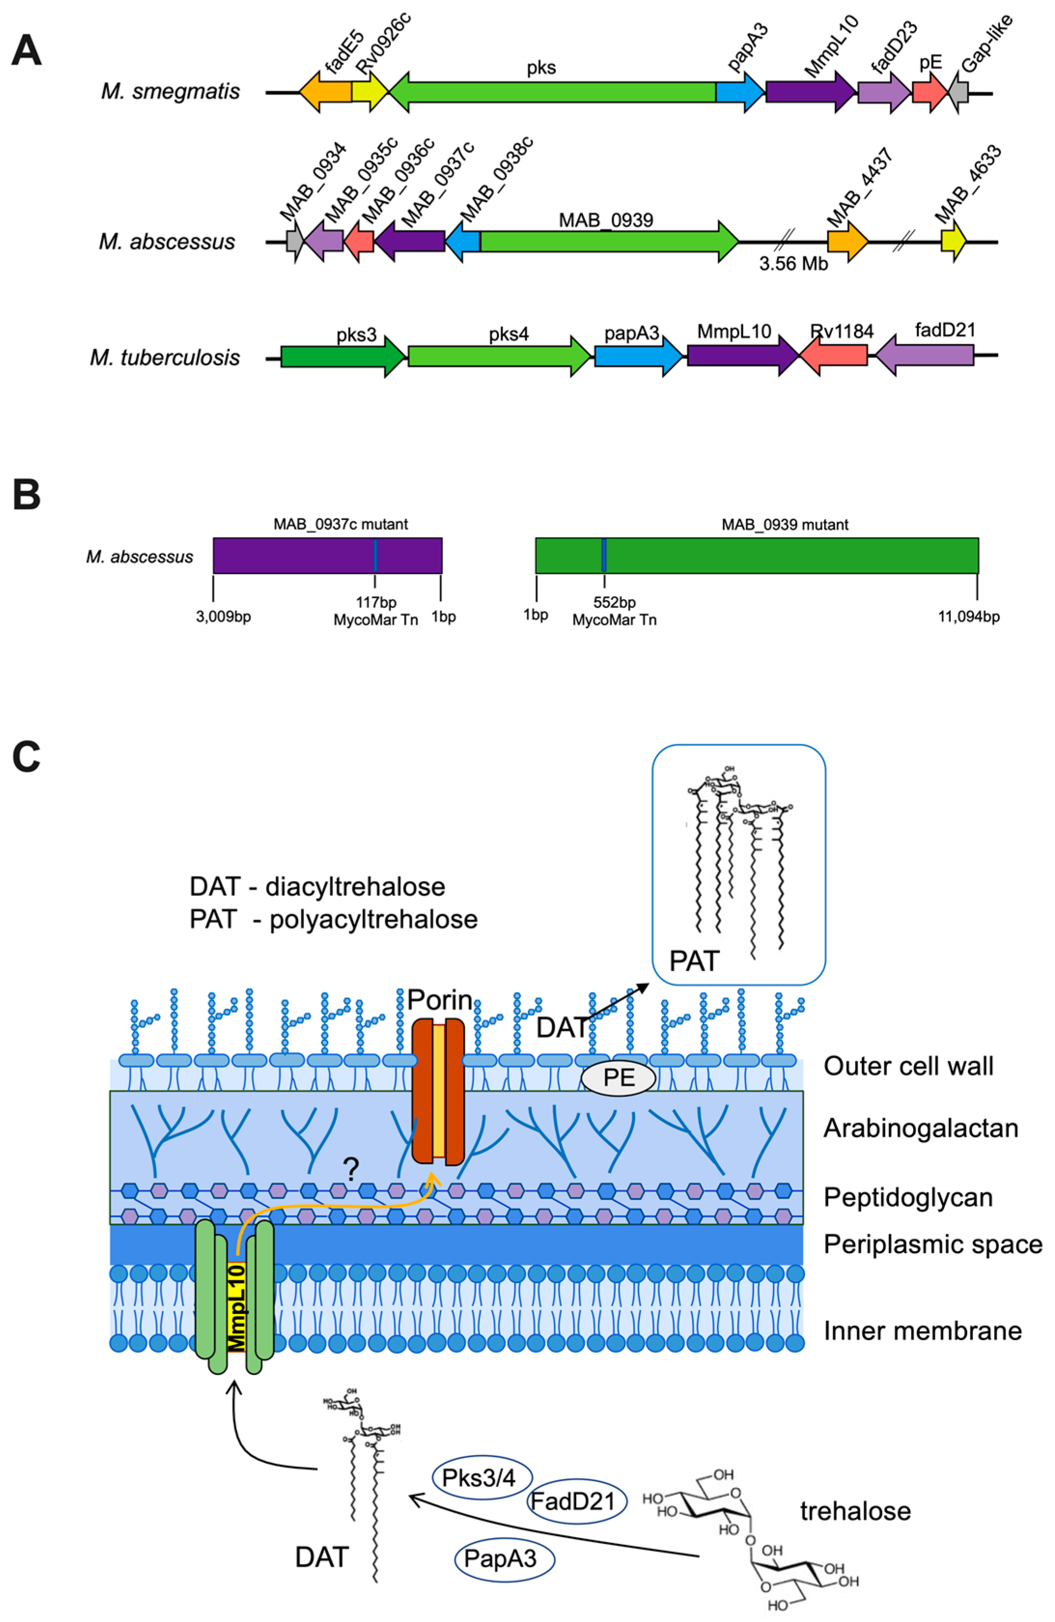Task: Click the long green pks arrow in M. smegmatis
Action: click(552, 92)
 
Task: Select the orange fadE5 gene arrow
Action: click(325, 92)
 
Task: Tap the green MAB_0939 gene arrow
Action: click(607, 241)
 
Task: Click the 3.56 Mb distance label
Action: click(793, 264)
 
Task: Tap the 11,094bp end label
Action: click(969, 617)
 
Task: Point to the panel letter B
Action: click(27, 495)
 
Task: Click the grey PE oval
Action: click(619, 1077)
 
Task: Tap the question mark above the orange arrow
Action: click(351, 1171)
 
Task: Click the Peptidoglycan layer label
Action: click(908, 1196)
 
